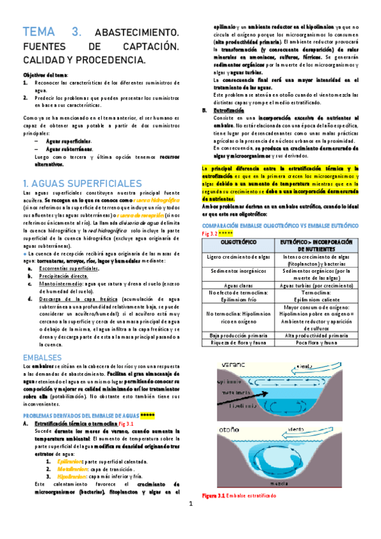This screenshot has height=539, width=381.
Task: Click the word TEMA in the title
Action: tap(41, 32)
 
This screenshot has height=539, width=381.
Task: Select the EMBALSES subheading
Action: tap(41, 357)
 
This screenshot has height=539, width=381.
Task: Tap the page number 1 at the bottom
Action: tap(190, 521)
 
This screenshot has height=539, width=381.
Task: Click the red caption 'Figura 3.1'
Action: tap(213, 496)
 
